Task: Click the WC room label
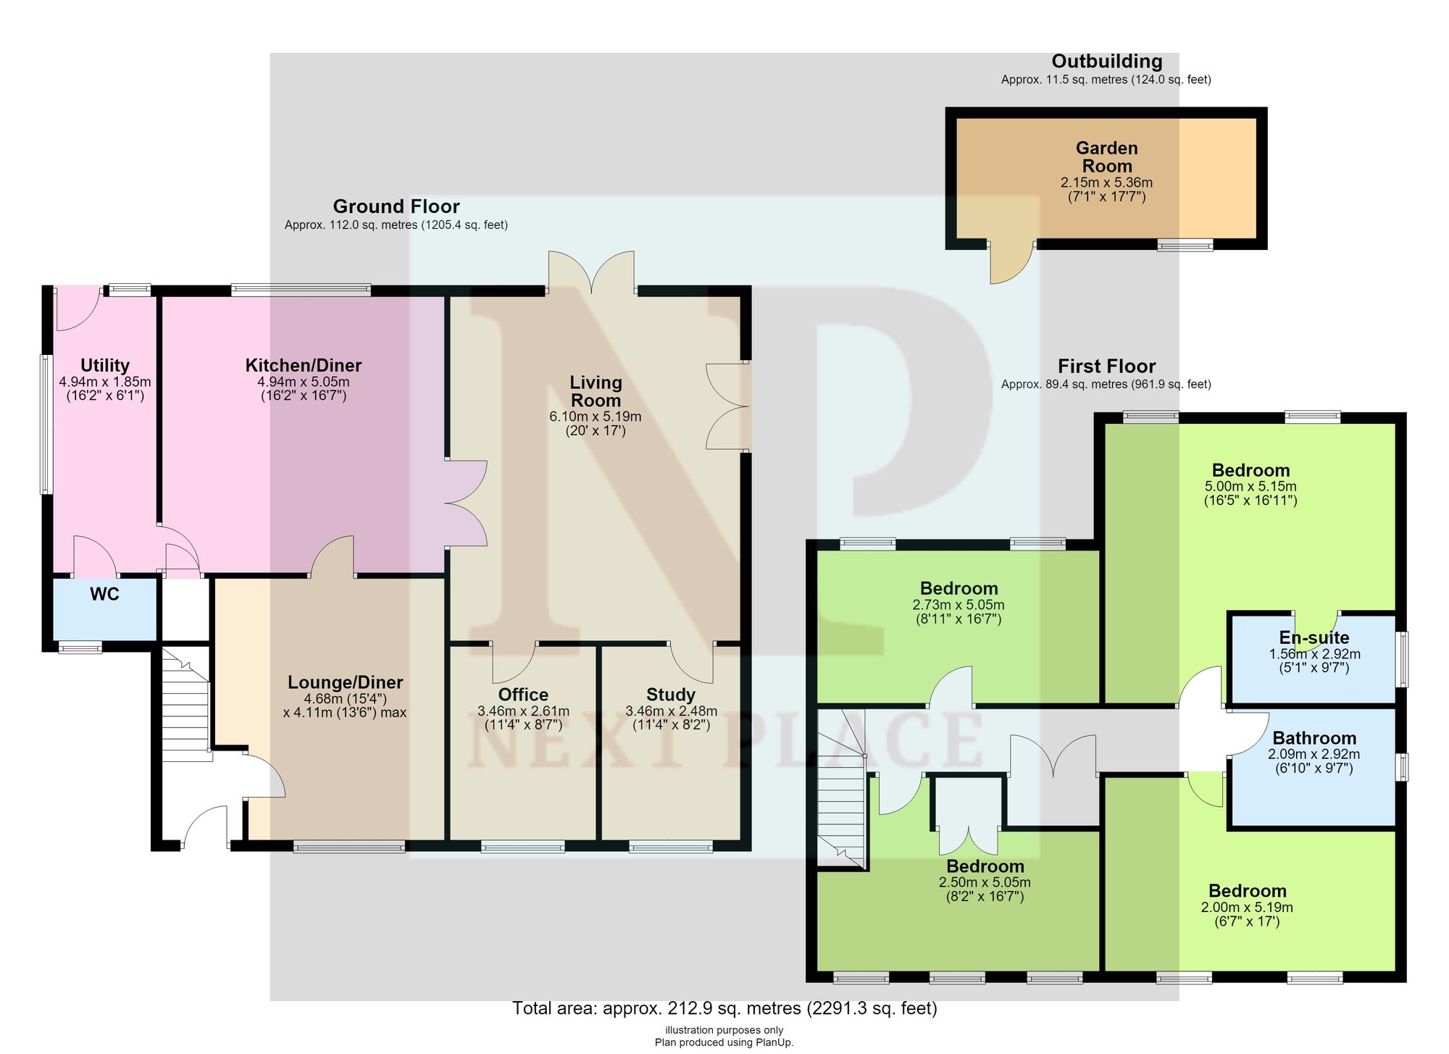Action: tap(104, 595)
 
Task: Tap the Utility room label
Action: tap(105, 365)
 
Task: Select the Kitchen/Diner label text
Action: tap(304, 365)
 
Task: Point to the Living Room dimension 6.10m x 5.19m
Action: tap(596, 417)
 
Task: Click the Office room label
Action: tap(523, 695)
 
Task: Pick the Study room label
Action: tap(671, 695)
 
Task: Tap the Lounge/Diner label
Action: tap(345, 682)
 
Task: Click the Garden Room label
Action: tap(1107, 156)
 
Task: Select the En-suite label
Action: tap(1314, 637)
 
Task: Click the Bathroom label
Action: tap(1314, 738)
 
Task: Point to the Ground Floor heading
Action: tap(396, 206)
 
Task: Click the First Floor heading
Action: tap(1106, 366)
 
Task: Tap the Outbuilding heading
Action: tap(1107, 62)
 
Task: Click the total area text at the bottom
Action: tap(724, 1008)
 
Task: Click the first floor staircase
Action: tap(842, 789)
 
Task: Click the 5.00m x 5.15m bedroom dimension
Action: tap(1250, 487)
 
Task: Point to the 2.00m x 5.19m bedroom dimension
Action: tap(1247, 907)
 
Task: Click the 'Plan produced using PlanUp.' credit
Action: tap(724, 1042)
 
